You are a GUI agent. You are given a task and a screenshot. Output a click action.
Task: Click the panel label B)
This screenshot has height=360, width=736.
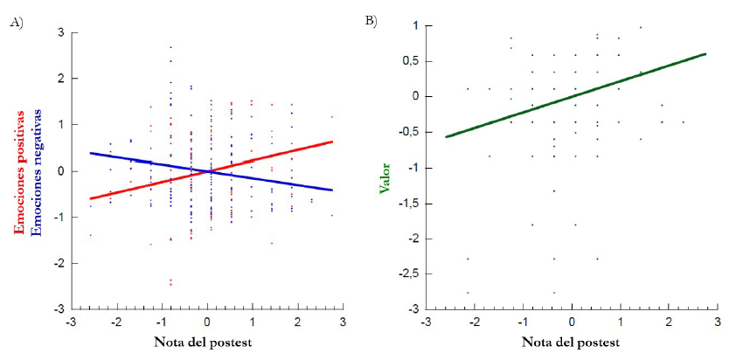[x=371, y=20]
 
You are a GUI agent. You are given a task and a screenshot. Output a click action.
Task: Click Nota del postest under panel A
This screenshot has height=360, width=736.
[x=204, y=342]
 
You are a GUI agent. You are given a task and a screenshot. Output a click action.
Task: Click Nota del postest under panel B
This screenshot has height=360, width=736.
[x=570, y=342]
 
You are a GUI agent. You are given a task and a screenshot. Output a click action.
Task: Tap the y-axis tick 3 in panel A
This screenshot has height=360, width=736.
[x=60, y=33]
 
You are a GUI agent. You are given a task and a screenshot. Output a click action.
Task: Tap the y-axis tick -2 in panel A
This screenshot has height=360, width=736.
[x=58, y=263]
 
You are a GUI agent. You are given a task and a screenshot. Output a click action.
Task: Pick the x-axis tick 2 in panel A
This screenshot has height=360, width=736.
[x=298, y=322]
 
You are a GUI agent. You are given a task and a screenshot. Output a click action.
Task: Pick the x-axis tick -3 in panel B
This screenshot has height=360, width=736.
[x=424, y=322]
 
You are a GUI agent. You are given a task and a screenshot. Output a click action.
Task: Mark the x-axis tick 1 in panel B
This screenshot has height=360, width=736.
[x=620, y=322]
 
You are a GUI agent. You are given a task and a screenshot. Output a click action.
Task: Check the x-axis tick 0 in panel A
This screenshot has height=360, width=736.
[x=207, y=322]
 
